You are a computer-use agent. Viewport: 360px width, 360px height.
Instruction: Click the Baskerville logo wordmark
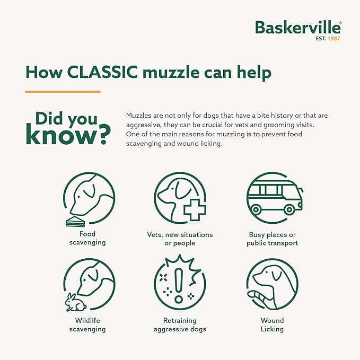297,28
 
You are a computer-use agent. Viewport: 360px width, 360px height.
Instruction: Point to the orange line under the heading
63,92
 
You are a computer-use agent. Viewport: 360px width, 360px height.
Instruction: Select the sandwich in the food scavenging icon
77,222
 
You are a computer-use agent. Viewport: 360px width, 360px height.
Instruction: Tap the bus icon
273,199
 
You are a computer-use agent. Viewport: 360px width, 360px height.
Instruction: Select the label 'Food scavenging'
88,239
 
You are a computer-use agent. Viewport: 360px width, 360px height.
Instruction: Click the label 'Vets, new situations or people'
180,239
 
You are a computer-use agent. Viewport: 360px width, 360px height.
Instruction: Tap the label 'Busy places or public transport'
272,239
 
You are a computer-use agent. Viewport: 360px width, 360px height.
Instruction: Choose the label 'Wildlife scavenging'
88,324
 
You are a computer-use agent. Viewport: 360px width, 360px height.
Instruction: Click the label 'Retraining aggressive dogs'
180,324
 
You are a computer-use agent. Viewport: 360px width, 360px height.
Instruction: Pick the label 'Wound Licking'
272,324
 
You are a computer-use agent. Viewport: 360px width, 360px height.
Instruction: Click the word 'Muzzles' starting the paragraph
139,116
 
